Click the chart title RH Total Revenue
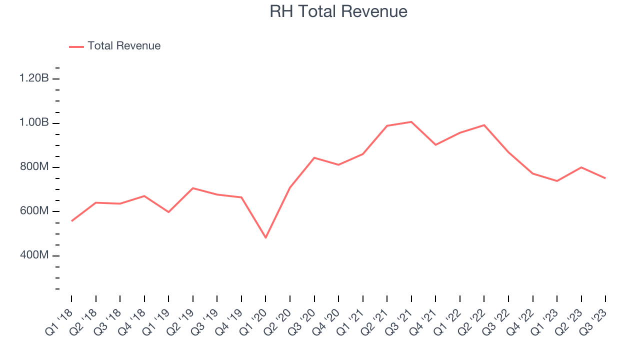338,11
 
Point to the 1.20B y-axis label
34,78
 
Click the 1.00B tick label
34,123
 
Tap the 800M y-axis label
34,167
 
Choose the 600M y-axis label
34,211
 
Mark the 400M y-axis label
34,255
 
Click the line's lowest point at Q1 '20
265,237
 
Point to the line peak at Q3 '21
411,121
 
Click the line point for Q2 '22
484,125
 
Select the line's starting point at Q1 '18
71,220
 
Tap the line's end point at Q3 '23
605,178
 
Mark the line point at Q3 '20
314,157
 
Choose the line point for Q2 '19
193,188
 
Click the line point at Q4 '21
435,145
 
